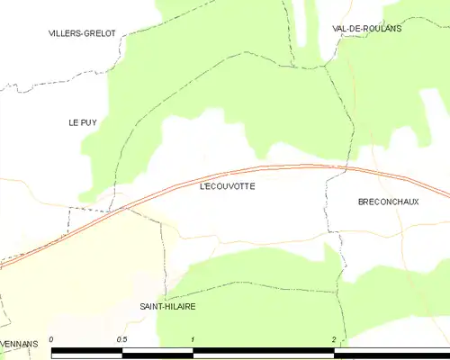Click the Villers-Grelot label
pyautogui.click(x=83, y=32)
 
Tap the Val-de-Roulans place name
pyautogui.click(x=367, y=28)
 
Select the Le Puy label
pyautogui.click(x=83, y=121)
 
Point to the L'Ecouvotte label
pyautogui.click(x=227, y=186)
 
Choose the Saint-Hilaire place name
pyautogui.click(x=167, y=306)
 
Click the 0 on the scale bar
pyautogui.click(x=53, y=339)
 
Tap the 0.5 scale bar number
pyautogui.click(x=121, y=339)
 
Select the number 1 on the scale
pyautogui.click(x=193, y=339)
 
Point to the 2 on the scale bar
pyautogui.click(x=334, y=339)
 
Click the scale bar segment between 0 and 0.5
pyautogui.click(x=87, y=354)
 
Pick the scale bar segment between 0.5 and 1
pyautogui.click(x=157, y=354)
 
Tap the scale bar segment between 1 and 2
pyautogui.click(x=263, y=354)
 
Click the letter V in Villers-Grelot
pyautogui.click(x=52, y=32)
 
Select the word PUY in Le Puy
pyautogui.click(x=88, y=121)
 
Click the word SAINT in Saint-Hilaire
pyautogui.click(x=151, y=306)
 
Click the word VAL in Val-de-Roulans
pyautogui.click(x=340, y=28)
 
